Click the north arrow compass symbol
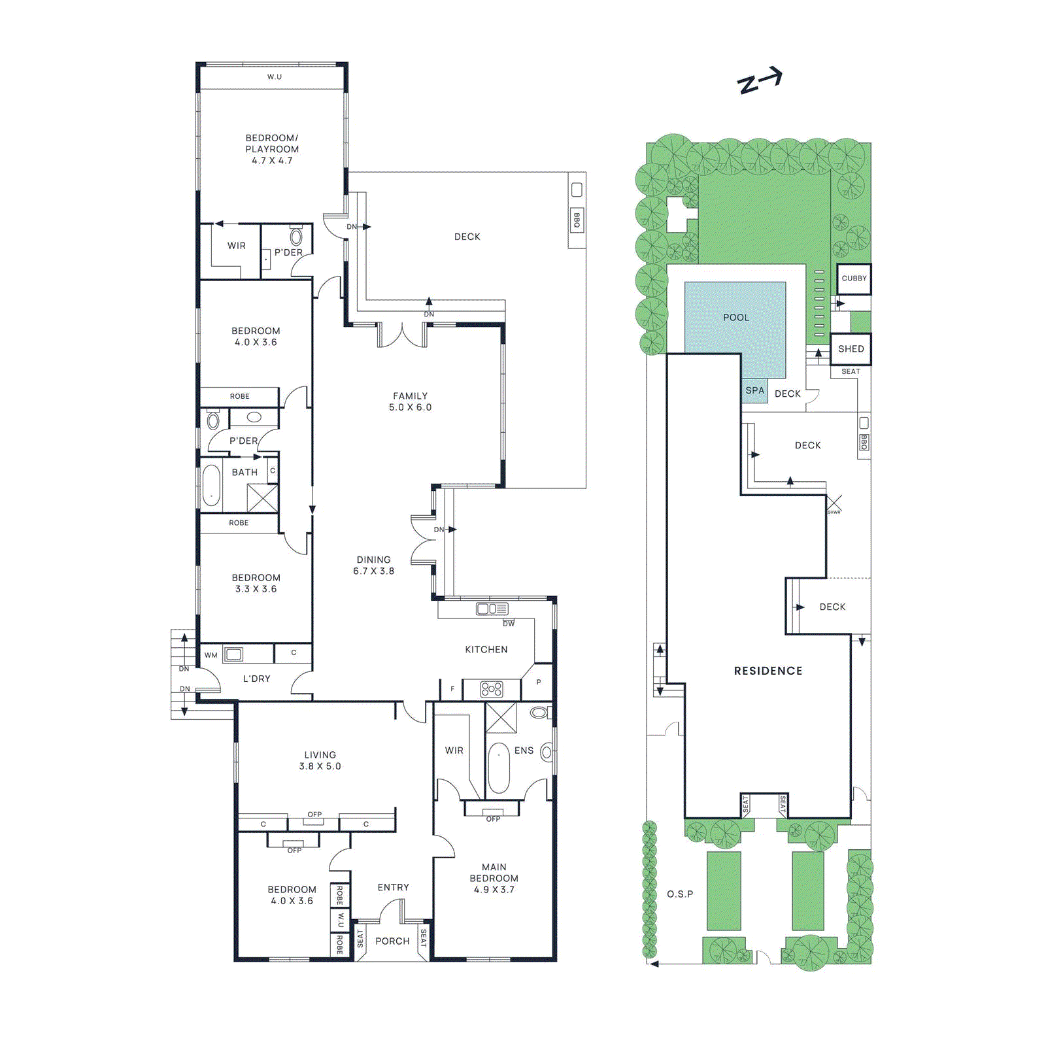pos(760,81)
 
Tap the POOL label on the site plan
pos(735,318)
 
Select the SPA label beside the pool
pos(754,390)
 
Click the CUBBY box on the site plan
pos(854,278)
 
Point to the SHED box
pos(851,349)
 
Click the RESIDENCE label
pos(768,671)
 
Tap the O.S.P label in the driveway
pos(680,894)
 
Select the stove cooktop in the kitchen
pos(492,689)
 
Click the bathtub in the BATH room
pos(211,486)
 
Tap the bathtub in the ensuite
pos(498,768)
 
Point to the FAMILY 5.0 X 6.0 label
pos(410,401)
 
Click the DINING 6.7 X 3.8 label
pos(373,565)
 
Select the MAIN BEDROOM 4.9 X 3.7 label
pos(494,878)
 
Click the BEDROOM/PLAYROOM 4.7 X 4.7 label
pos(272,149)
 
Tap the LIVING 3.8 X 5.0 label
pos(320,760)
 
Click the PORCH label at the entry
pos(392,941)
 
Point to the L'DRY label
pos(256,679)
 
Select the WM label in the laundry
pos(211,655)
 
